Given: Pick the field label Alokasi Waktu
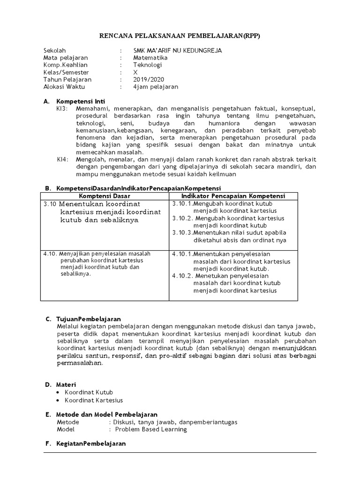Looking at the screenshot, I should click(x=64, y=87).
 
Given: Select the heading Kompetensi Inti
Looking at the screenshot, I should click(x=81, y=101).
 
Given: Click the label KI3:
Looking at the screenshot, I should click(x=62, y=108).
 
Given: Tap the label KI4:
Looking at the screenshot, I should click(x=62, y=159).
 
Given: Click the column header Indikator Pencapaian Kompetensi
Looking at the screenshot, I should click(x=233, y=196).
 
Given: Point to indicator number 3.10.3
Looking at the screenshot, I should click(x=182, y=232).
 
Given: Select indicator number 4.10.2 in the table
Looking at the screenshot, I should click(x=182, y=276).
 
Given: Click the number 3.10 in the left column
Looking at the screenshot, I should click(x=50, y=204).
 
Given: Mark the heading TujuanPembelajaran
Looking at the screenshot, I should click(x=89, y=319).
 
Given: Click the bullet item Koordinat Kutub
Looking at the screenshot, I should click(x=89, y=392).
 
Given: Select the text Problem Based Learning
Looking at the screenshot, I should click(x=151, y=429).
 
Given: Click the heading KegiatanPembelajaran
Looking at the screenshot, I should click(x=91, y=443).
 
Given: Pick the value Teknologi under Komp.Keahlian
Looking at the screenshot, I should click(x=147, y=65).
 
